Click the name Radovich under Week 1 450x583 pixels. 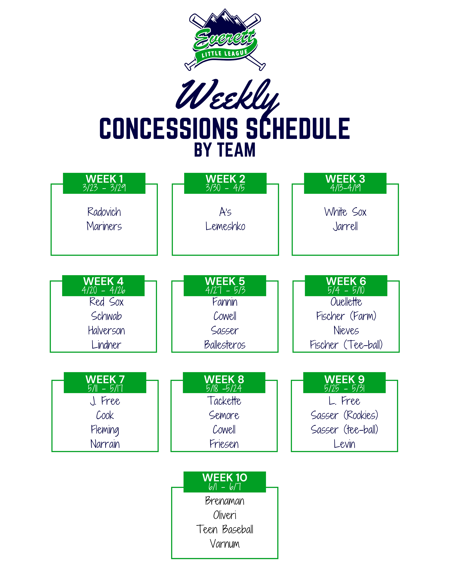click(104, 212)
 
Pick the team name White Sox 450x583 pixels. click(345, 212)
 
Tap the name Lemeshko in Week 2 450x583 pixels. click(225, 226)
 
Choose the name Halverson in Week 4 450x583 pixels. click(106, 330)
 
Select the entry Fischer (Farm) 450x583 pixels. click(346, 316)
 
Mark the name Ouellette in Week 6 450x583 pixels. click(346, 302)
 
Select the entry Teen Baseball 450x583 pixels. click(225, 529)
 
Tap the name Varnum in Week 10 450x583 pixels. click(225, 544)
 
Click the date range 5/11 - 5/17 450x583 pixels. click(105, 388)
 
